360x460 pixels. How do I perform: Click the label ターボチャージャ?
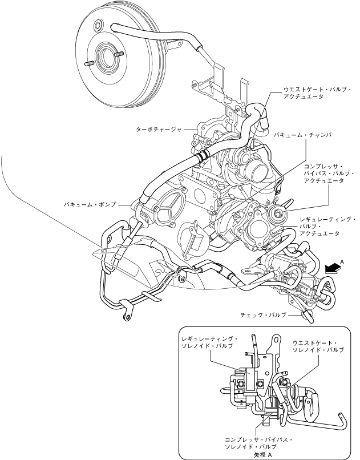(158, 130)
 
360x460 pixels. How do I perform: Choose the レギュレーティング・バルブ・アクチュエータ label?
(327, 226)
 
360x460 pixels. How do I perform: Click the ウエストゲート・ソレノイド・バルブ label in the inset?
(318, 346)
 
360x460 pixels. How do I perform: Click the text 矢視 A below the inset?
(258, 455)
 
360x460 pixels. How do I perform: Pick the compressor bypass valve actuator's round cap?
(279, 214)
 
